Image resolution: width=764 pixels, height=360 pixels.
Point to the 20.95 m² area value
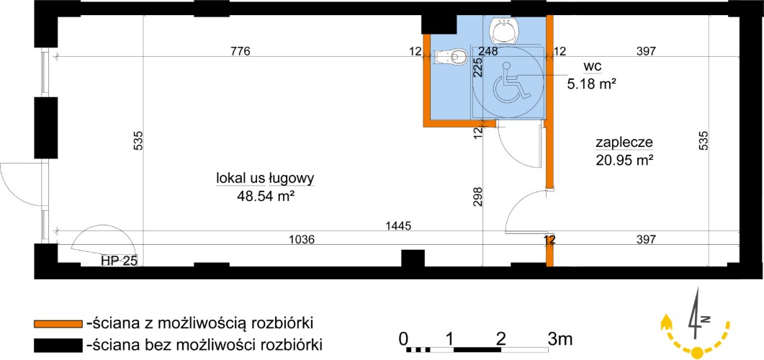(x=624, y=160)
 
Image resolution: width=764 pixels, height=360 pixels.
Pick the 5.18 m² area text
(x=591, y=84)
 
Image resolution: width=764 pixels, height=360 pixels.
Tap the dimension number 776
(x=241, y=50)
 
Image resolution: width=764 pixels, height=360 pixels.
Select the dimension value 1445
(x=399, y=225)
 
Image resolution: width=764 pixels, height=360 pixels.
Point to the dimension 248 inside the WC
(x=487, y=50)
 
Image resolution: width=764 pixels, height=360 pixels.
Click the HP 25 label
(x=120, y=261)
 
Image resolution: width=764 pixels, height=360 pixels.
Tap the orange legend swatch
(x=58, y=323)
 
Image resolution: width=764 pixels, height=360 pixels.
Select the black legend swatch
(x=58, y=345)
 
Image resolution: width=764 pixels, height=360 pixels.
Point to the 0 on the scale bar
(x=403, y=338)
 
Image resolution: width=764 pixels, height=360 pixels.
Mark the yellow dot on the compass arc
(x=697, y=351)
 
